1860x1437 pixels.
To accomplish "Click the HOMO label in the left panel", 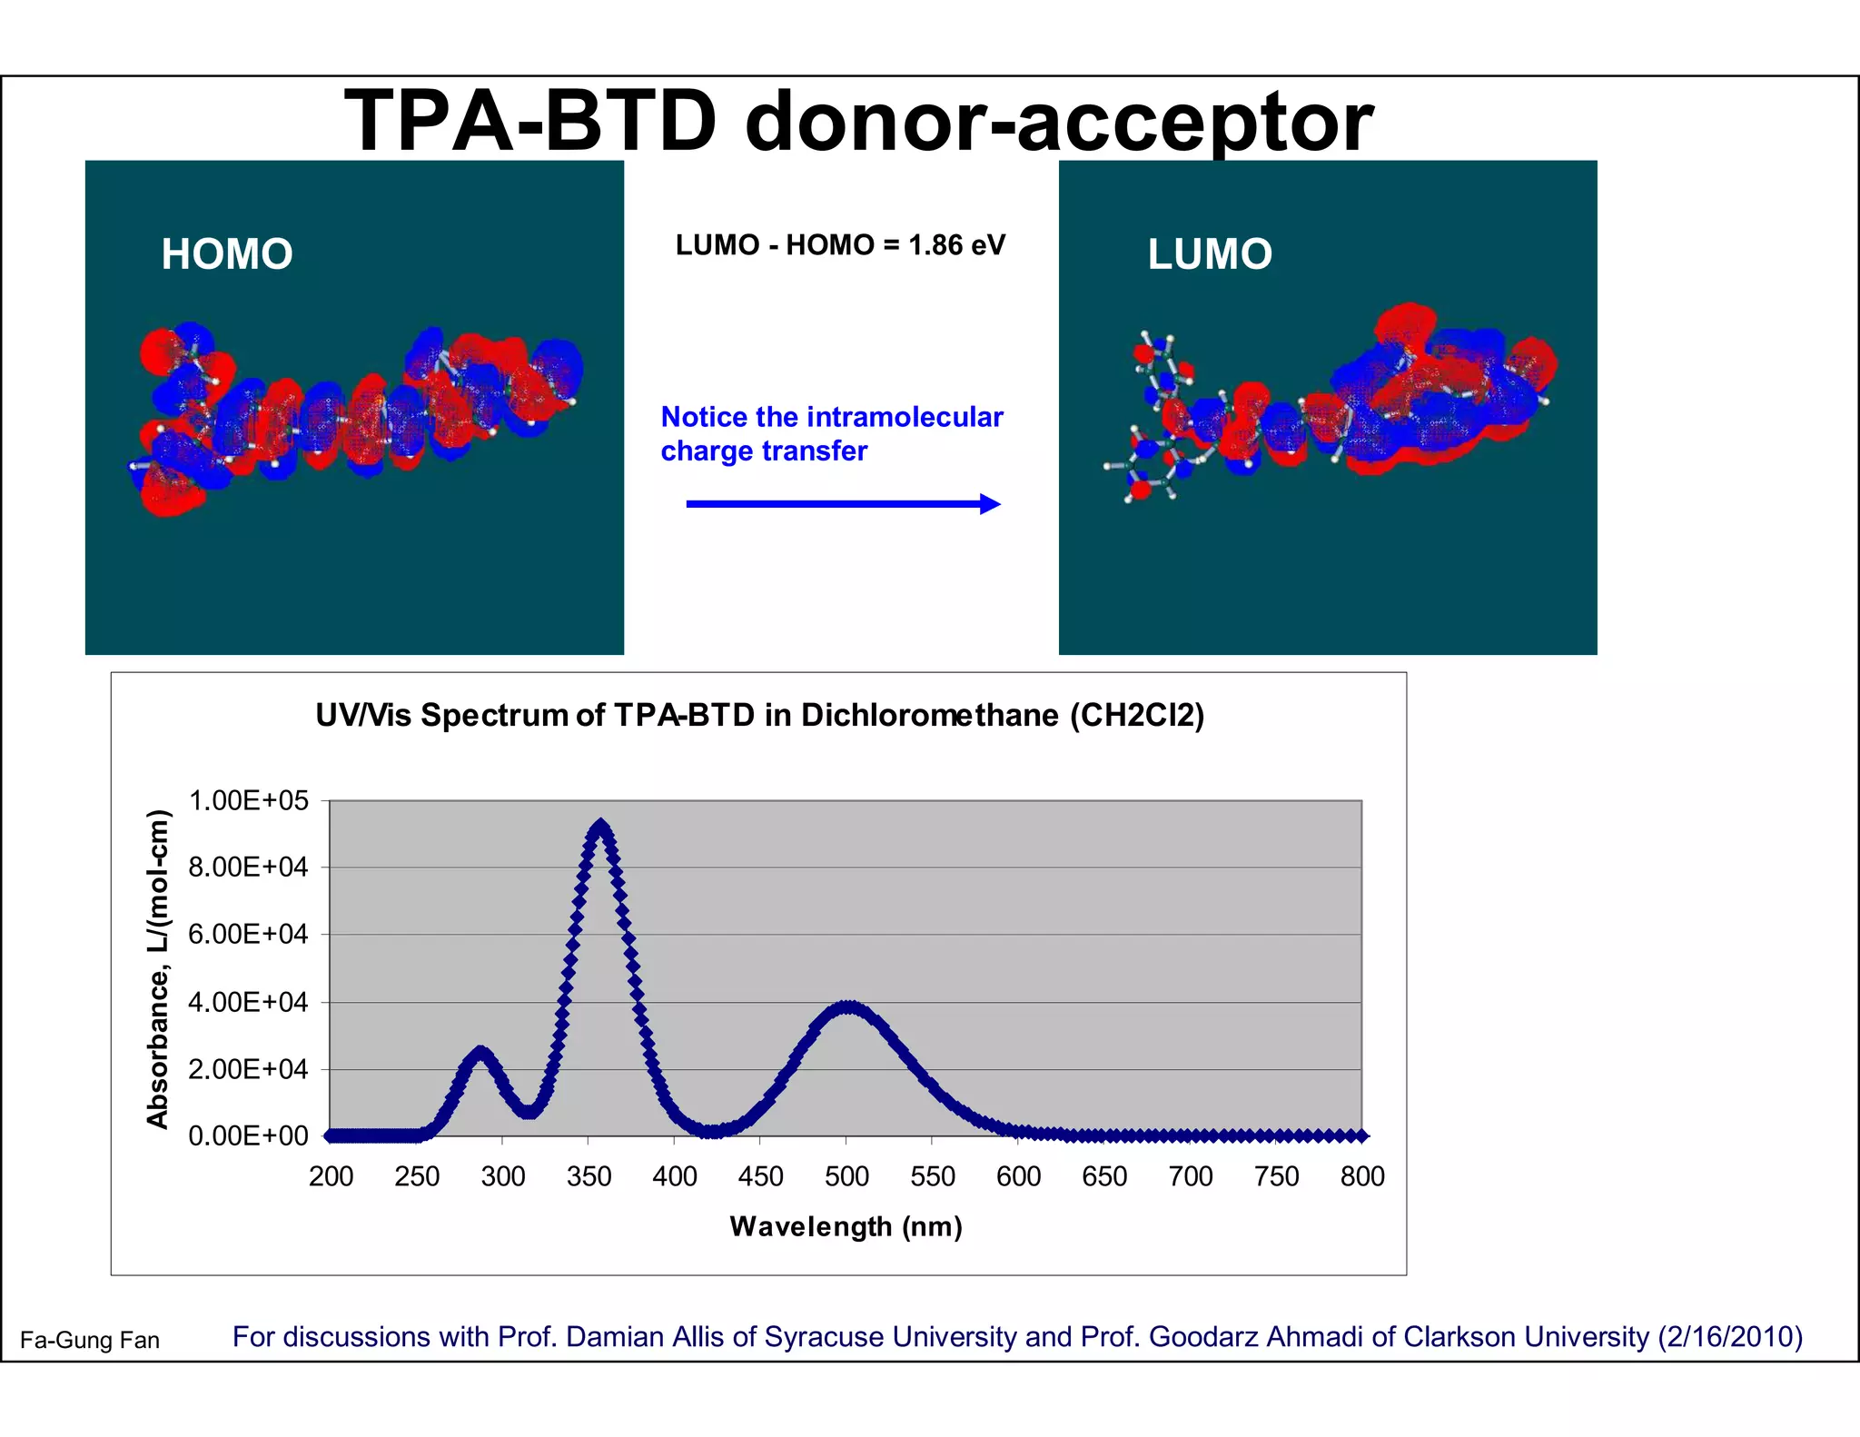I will pos(227,254).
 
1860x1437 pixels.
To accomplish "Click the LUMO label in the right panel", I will pos(1209,254).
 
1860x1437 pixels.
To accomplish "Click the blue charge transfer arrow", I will pos(842,504).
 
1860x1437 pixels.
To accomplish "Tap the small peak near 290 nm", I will pos(480,1053).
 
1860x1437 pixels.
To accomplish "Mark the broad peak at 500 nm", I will pos(846,1007).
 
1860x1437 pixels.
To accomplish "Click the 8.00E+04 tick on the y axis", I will pos(248,867).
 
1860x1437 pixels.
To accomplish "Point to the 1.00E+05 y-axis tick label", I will pos(248,800).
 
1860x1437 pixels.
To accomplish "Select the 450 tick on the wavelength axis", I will pos(760,1176).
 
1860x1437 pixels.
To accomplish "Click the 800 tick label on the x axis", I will pos(1361,1176).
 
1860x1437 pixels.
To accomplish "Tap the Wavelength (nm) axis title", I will pos(846,1226).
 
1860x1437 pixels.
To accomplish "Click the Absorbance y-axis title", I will pos(158,968).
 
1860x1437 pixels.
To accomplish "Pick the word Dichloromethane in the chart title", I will pos(929,716).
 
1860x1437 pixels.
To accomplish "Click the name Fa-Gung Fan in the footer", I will pos(90,1340).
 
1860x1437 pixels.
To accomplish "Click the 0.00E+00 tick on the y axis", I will pos(248,1135).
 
